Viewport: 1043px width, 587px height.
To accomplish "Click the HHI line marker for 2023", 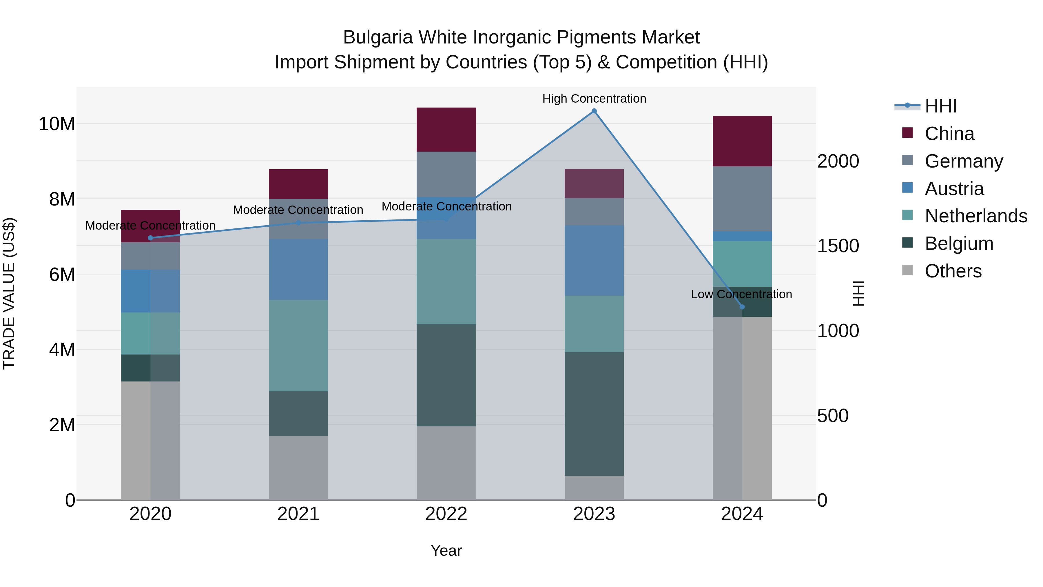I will [x=594, y=111].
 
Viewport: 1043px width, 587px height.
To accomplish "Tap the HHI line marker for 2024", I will [x=742, y=307].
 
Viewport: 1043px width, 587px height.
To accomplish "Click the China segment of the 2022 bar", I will [x=446, y=130].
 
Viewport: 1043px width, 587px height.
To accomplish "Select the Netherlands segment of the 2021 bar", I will [x=298, y=345].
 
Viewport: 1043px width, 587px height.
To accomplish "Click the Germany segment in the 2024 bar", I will [x=742, y=199].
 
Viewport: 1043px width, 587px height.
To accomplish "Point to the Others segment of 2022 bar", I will [x=446, y=463].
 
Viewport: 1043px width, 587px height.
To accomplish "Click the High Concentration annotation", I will [x=594, y=99].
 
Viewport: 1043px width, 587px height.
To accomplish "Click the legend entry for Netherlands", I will [x=976, y=216].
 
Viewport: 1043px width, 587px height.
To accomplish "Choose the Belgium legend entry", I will [x=959, y=243].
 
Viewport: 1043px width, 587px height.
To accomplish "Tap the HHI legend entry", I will [x=940, y=106].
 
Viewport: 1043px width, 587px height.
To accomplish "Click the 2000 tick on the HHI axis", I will [x=838, y=161].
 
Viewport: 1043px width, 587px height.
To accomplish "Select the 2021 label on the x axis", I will [x=298, y=514].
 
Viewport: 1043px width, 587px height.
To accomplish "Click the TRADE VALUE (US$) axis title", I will [x=9, y=293].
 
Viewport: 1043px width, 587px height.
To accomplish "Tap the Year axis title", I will [x=446, y=550].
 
